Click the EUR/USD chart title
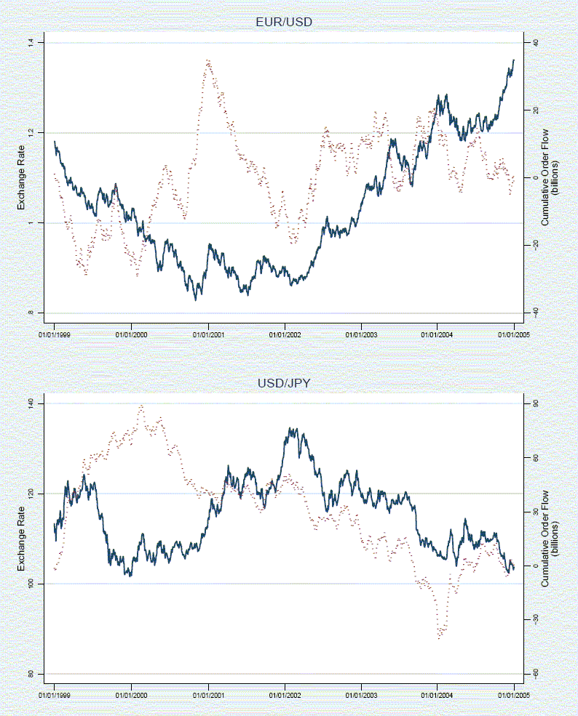point(283,23)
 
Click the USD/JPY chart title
point(283,383)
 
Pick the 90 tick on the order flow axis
point(535,403)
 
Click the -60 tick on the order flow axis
point(535,674)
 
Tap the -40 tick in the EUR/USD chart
point(535,313)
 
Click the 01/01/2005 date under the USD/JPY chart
point(514,695)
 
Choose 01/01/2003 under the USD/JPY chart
point(361,695)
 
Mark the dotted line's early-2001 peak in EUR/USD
point(208,60)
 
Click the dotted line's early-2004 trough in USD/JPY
point(440,637)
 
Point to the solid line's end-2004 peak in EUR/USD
point(513,60)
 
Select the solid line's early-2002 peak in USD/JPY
point(291,429)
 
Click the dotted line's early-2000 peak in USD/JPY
point(140,406)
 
